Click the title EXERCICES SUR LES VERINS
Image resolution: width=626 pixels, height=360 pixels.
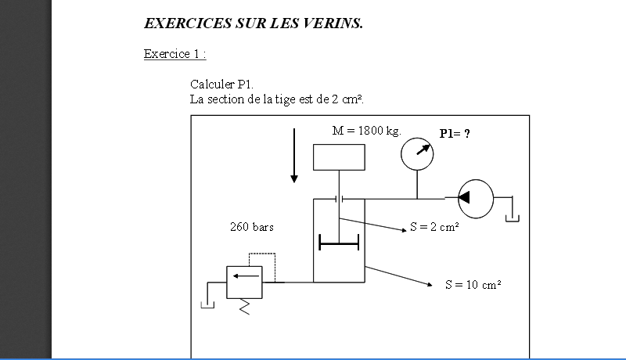254,23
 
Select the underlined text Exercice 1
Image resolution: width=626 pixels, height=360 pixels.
174,54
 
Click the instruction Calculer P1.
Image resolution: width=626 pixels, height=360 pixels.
222,84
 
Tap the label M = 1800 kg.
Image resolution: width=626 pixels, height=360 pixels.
366,131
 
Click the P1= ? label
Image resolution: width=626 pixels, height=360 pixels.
455,134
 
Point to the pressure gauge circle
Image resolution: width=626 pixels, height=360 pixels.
418,152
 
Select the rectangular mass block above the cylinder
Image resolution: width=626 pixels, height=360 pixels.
339,157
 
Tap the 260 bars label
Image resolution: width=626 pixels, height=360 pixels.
252,227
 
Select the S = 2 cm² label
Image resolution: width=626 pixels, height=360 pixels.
434,228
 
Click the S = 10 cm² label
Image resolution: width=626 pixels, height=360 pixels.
473,285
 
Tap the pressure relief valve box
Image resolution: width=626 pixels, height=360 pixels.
244,282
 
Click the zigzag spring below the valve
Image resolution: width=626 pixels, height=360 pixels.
244,306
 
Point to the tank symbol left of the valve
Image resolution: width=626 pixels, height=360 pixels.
207,302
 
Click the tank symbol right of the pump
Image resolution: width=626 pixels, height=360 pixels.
513,213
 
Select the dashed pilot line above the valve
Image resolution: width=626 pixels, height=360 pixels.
262,255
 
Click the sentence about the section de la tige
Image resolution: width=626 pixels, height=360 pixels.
277,99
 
